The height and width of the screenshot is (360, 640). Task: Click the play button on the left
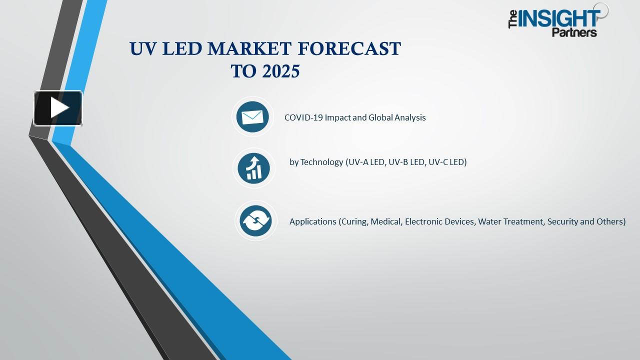[58, 108]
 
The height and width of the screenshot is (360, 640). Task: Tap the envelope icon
[252, 117]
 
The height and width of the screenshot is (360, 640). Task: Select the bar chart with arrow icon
[253, 168]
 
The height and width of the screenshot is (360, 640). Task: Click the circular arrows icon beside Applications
[255, 221]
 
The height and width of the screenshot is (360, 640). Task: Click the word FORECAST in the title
[349, 49]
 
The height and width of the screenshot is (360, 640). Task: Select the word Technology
[322, 162]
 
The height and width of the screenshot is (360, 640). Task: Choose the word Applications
[313, 221]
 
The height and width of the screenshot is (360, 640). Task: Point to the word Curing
[354, 221]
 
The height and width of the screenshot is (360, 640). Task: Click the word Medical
[386, 221]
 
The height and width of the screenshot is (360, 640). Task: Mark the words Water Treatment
[510, 221]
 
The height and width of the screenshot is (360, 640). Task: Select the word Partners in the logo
[574, 32]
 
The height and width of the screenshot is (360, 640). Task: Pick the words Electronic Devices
[439, 221]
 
